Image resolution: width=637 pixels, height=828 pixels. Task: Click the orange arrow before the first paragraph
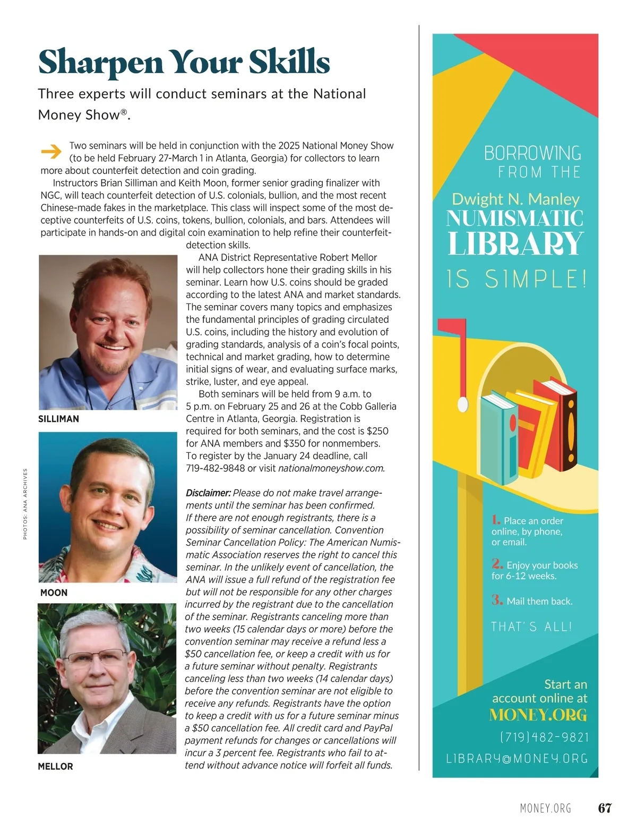click(51, 152)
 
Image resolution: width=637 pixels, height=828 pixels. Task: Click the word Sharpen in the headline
click(100, 63)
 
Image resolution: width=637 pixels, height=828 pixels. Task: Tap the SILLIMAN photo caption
click(58, 419)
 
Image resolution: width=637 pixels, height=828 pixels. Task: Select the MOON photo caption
click(54, 593)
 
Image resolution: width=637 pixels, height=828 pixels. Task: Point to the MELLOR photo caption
click(55, 766)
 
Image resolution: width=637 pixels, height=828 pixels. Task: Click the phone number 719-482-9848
click(215, 468)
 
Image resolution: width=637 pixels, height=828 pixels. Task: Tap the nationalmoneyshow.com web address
click(331, 468)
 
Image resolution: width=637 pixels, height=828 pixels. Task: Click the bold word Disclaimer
click(208, 493)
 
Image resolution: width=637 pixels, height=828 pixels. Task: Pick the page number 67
click(605, 808)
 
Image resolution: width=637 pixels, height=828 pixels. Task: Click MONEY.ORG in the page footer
click(545, 808)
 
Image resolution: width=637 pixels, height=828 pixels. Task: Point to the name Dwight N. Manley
click(515, 199)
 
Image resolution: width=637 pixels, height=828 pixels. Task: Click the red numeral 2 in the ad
click(497, 564)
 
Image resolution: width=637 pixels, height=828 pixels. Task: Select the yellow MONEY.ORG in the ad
click(538, 715)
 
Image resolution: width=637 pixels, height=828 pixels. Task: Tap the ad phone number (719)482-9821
click(544, 738)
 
